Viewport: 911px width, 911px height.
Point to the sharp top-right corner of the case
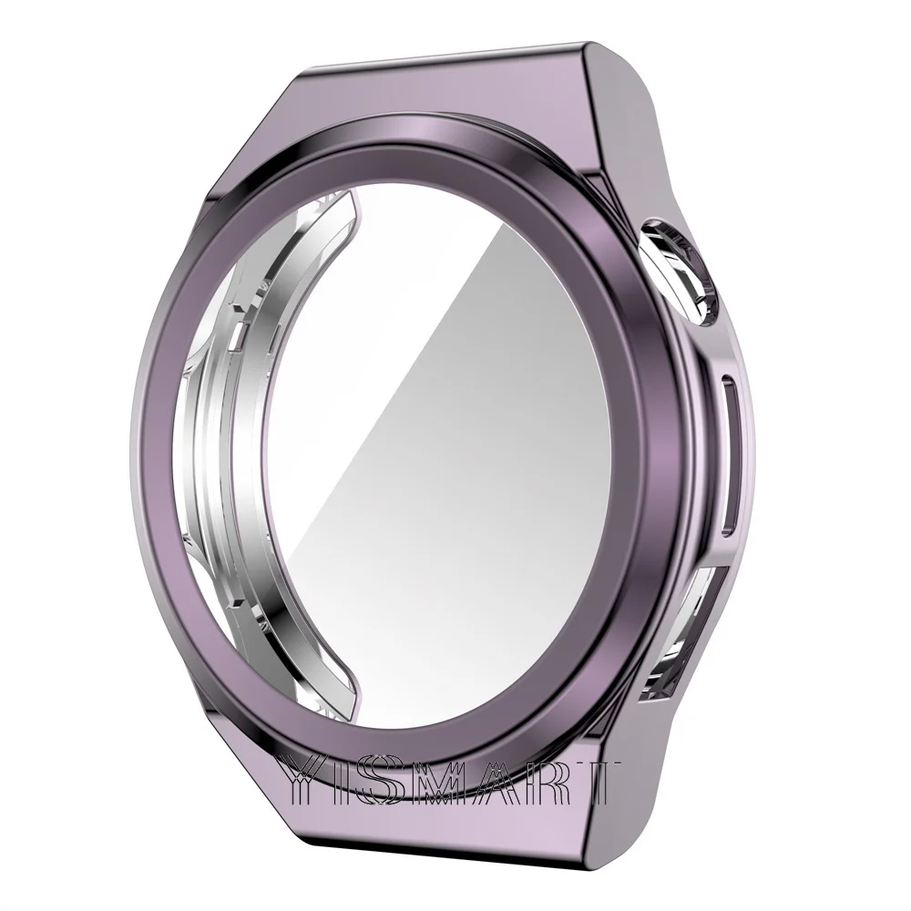582,43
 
